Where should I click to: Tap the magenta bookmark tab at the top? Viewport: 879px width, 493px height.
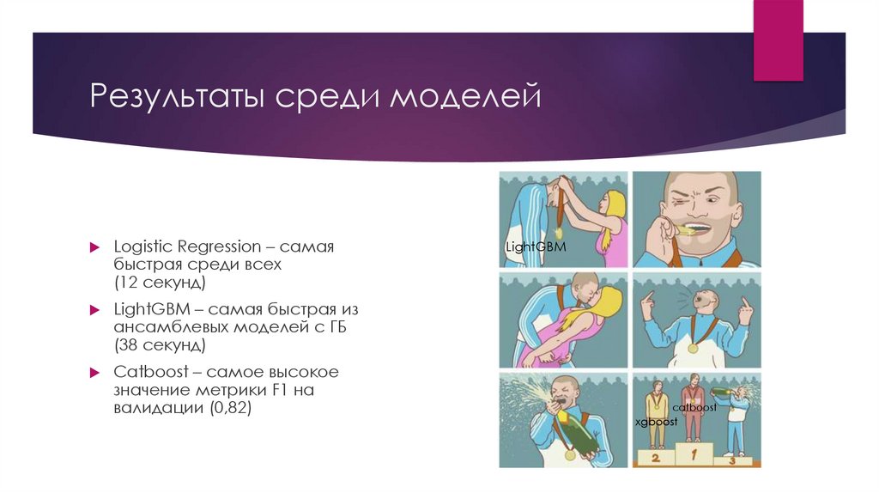pos(778,40)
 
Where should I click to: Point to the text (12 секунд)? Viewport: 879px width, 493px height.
pos(160,282)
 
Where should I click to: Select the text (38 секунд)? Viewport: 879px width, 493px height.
pos(160,344)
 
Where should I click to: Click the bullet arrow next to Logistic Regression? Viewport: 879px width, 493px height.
pos(96,247)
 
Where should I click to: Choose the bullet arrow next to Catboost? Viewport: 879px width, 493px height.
pos(96,373)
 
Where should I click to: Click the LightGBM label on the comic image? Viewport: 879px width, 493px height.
pos(536,248)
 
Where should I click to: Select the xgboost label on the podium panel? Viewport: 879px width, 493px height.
pos(656,423)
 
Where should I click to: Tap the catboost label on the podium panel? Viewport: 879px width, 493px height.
pos(694,408)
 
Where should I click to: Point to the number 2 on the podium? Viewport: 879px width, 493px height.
pos(655,460)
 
